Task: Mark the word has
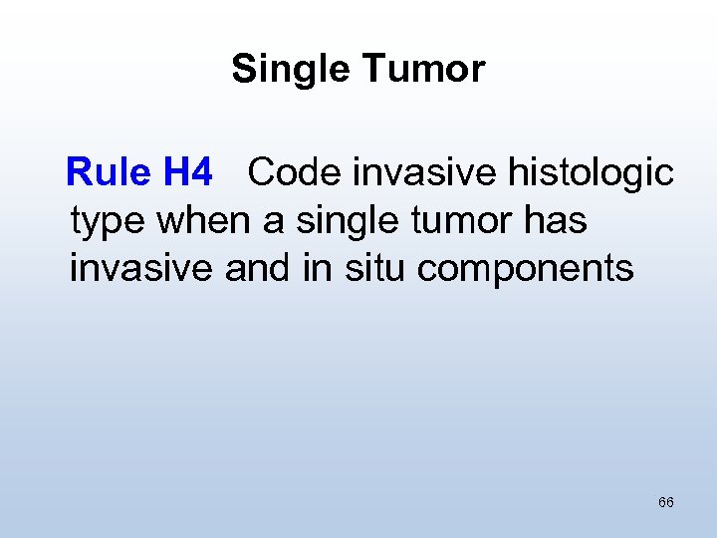point(559,221)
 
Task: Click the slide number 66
point(666,502)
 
